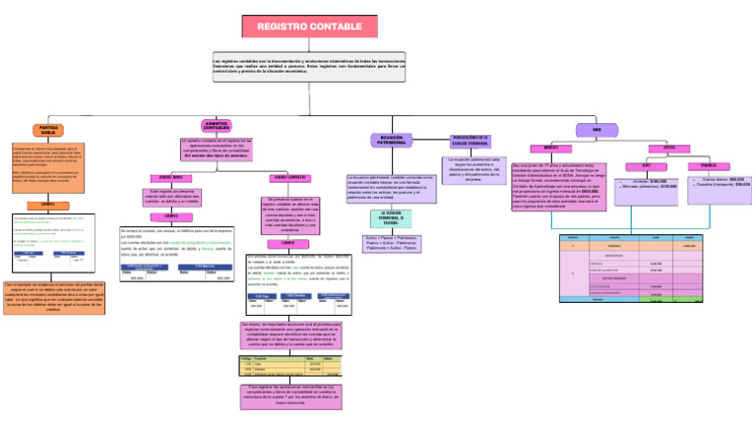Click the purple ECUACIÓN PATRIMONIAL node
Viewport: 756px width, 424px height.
tap(391, 141)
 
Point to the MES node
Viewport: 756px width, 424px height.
tap(597, 129)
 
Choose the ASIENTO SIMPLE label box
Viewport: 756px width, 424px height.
tap(171, 177)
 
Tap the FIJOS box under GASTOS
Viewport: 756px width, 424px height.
tap(646, 165)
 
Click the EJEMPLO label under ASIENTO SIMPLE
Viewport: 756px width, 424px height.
tap(171, 215)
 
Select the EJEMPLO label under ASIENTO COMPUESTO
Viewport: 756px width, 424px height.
tap(287, 242)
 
